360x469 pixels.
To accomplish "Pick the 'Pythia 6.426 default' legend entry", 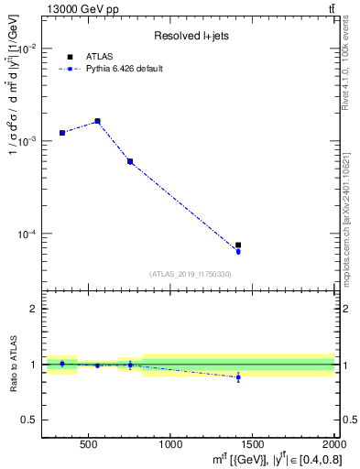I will click(x=124, y=69).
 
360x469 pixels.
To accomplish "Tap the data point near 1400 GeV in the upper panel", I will click(x=238, y=245).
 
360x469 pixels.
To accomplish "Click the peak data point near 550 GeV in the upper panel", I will click(x=97, y=121).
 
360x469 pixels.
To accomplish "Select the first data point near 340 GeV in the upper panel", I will click(x=62, y=133).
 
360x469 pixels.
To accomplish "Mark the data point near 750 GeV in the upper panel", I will click(x=130, y=161).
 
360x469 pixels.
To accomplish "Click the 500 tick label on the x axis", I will click(x=89, y=444).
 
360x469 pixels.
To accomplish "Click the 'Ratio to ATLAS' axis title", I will click(x=12, y=365).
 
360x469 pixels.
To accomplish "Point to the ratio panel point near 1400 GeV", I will click(x=238, y=377).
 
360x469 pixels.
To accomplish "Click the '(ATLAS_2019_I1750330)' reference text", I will click(x=190, y=274).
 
